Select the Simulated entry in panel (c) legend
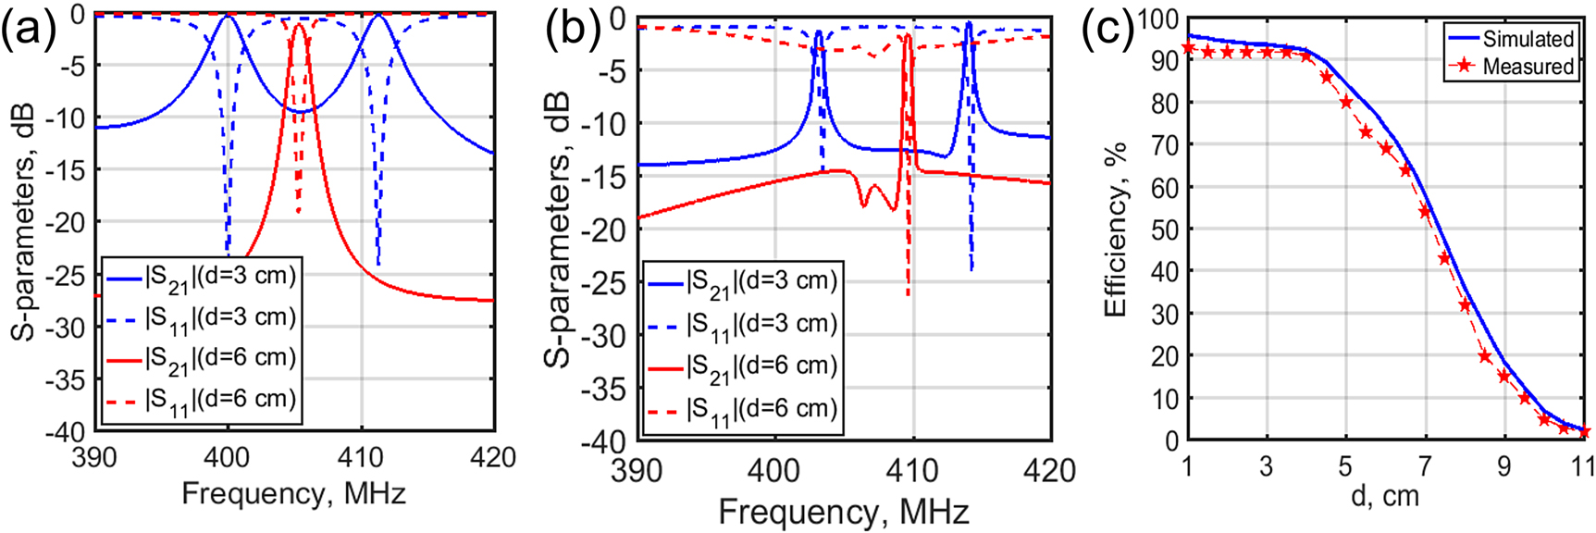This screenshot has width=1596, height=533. tap(1528, 39)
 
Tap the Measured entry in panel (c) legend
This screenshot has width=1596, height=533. tap(1528, 67)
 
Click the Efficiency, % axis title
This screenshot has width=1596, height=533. tap(1117, 229)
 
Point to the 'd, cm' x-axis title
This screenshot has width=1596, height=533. tap(1384, 496)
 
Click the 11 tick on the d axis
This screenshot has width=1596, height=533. tap(1583, 465)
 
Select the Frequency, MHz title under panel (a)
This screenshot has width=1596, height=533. tap(293, 493)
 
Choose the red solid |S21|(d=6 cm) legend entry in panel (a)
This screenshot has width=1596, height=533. tap(220, 358)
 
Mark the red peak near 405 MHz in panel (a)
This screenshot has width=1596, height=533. tap(298, 28)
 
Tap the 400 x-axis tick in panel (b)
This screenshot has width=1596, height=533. tap(773, 470)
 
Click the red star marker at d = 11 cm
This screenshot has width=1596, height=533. tap(1583, 431)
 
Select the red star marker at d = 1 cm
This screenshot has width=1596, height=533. tap(1188, 48)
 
